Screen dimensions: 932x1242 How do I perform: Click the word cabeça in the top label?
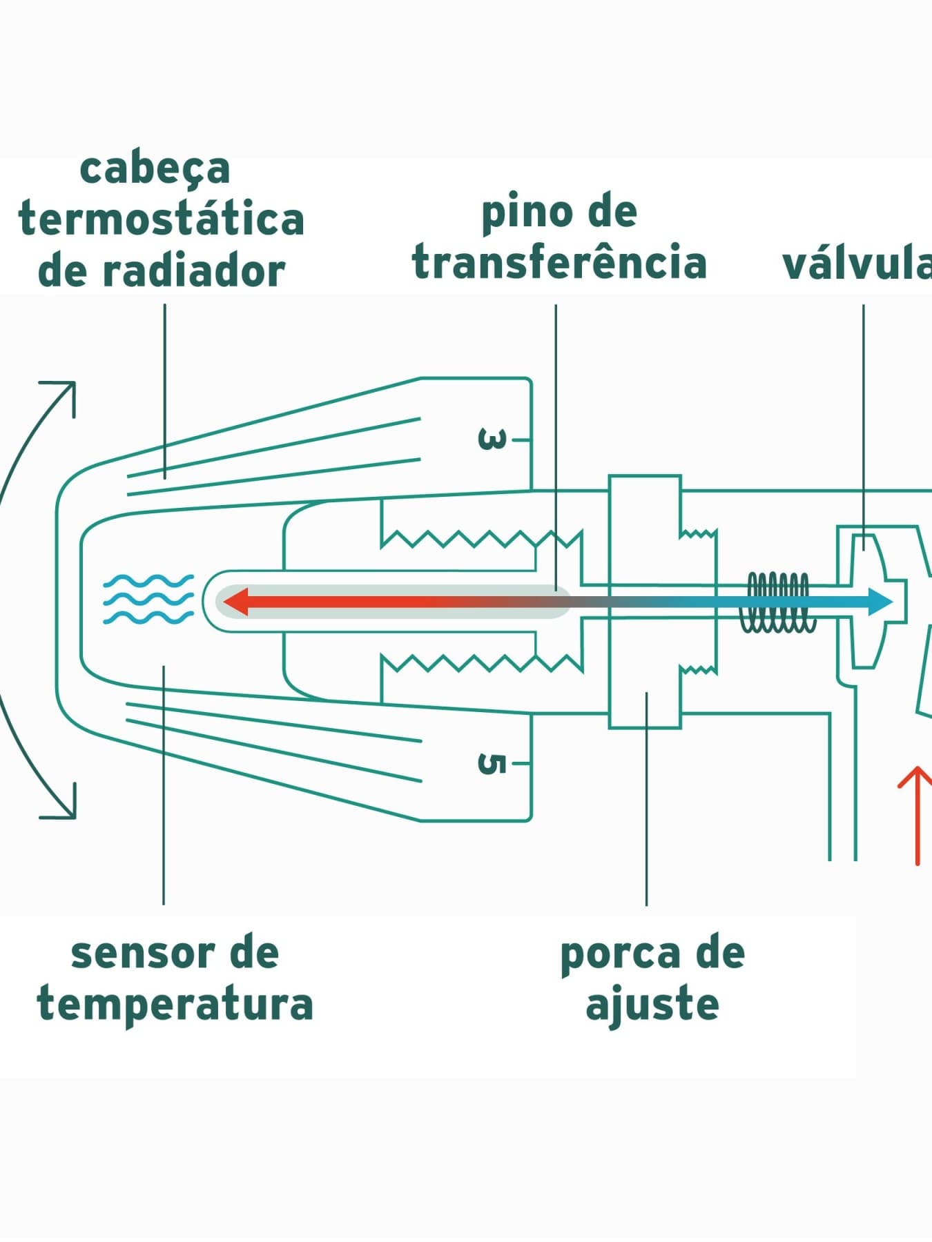point(155,170)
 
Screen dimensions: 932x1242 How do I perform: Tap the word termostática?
point(162,219)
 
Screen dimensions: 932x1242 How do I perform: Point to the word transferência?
point(559,262)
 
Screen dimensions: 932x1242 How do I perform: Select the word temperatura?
point(175,1005)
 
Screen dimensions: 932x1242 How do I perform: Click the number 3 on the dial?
point(492,439)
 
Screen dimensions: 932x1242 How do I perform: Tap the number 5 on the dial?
point(492,764)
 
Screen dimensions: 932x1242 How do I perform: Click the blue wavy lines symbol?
point(148,599)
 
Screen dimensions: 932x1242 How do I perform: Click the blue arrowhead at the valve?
point(880,601)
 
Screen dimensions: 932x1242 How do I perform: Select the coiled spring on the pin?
point(778,602)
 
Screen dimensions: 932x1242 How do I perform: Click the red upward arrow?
point(918,815)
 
